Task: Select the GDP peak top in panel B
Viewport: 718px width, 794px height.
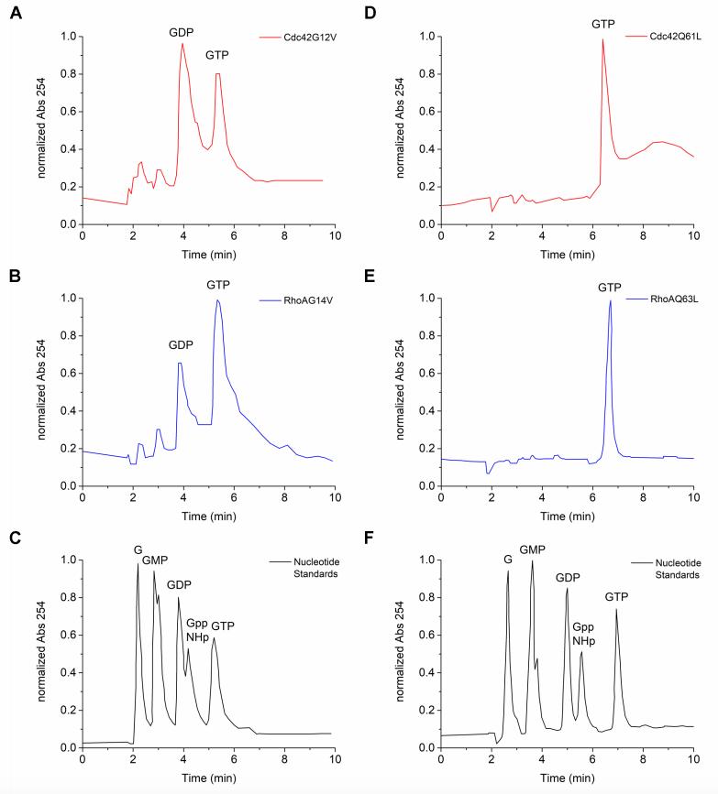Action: tap(180, 364)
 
